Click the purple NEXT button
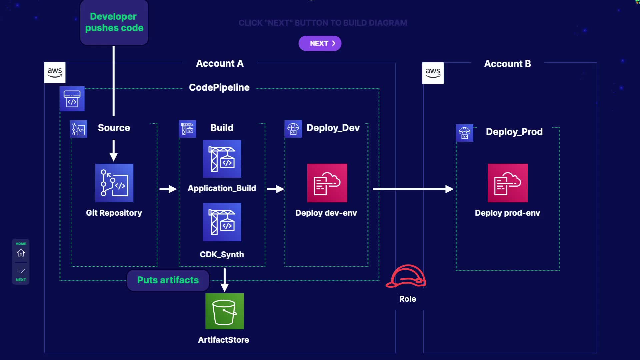click(x=320, y=43)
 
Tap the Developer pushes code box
click(x=114, y=22)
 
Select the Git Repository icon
click(x=114, y=183)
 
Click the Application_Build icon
click(x=222, y=159)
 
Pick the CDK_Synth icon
click(x=222, y=222)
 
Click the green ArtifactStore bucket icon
click(x=224, y=311)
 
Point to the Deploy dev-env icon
click(x=327, y=183)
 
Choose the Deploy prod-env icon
click(x=507, y=183)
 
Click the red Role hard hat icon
click(x=406, y=276)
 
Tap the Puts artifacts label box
click(x=168, y=280)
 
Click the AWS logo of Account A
click(x=55, y=72)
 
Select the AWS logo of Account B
click(x=433, y=73)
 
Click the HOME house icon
click(x=21, y=253)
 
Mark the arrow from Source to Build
click(x=168, y=189)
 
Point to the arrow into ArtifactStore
click(x=225, y=280)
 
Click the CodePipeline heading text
click(x=219, y=87)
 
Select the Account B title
click(x=507, y=64)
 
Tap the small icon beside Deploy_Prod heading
click(x=464, y=133)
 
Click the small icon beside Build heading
click(x=187, y=129)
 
